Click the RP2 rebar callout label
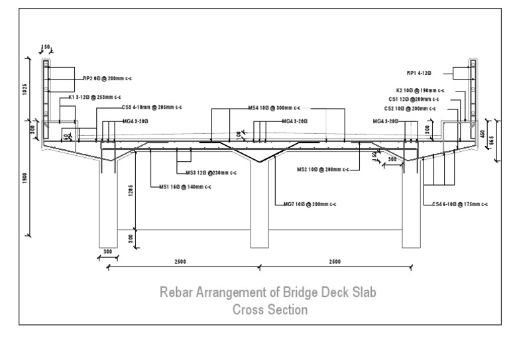click(102, 78)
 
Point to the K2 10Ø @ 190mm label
click(420, 90)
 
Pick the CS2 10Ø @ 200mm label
click(411, 108)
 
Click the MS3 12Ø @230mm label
click(210, 172)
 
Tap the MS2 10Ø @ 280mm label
click(322, 170)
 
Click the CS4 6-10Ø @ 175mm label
click(460, 204)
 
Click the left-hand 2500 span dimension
click(180, 262)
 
